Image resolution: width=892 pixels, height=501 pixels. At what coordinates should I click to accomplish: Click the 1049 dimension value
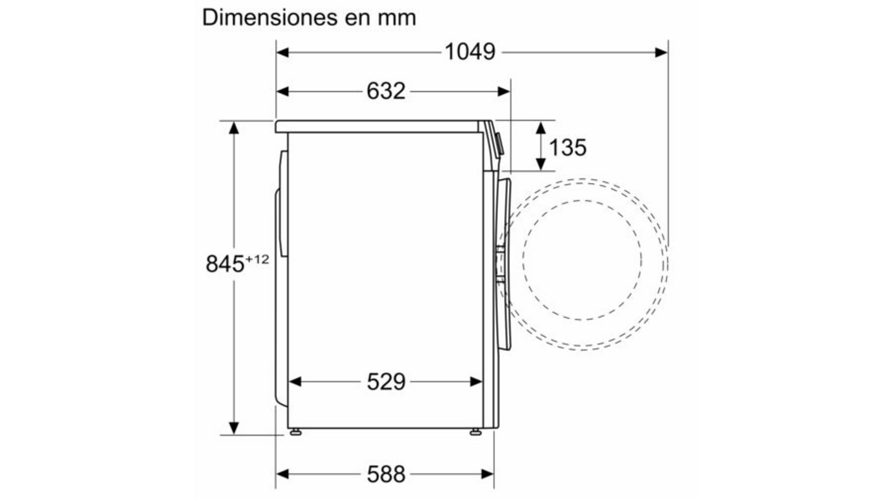(x=470, y=52)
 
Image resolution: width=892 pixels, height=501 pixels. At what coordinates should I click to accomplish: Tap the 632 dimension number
(x=386, y=91)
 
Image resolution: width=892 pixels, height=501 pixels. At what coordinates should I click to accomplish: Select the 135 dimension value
(x=567, y=148)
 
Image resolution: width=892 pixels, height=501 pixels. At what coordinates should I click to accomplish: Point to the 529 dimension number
(x=386, y=382)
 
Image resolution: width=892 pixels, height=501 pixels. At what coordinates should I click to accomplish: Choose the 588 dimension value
(x=386, y=474)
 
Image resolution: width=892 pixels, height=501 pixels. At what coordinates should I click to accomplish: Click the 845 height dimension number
(x=225, y=263)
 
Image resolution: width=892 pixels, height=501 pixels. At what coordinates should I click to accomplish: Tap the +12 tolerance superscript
(x=257, y=259)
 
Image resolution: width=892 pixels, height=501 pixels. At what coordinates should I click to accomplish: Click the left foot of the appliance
(x=295, y=432)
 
